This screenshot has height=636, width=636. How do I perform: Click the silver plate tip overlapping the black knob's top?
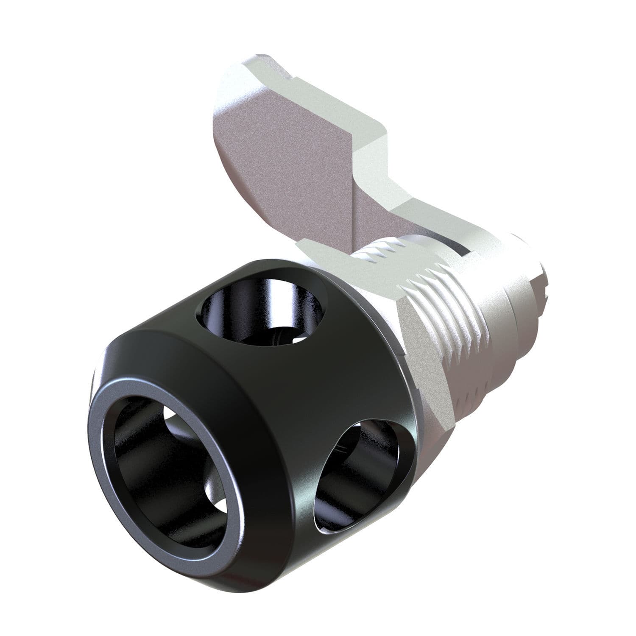[x=322, y=250]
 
